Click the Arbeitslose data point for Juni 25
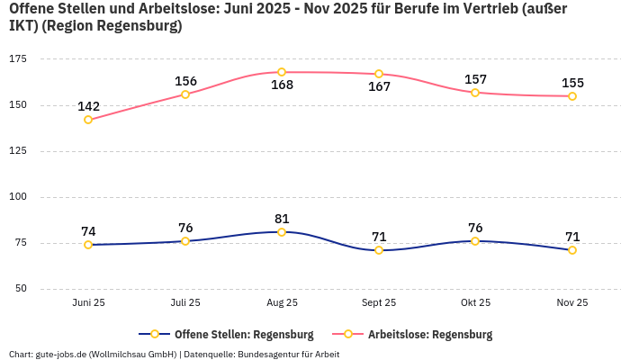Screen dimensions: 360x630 tap(88, 120)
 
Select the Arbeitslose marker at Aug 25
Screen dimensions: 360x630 tap(282, 72)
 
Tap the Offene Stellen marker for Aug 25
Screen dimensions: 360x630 tap(282, 232)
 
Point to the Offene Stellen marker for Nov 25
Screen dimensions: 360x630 tap(572, 250)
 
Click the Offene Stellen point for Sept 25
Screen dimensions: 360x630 tap(379, 250)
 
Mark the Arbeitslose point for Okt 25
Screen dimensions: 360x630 tap(475, 93)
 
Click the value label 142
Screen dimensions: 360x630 tap(88, 106)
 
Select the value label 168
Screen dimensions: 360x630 tap(282, 85)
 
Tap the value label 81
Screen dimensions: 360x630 tap(282, 219)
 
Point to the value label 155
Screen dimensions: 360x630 tap(572, 83)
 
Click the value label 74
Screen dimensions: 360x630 tap(88, 231)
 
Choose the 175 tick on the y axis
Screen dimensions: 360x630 tap(17, 59)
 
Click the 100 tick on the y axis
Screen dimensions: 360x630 tap(17, 197)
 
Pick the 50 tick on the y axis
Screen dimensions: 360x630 tap(20, 289)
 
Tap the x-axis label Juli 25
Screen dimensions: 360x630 tap(185, 303)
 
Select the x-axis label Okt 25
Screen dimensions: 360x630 tap(475, 303)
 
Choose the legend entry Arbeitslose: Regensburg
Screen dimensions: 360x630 tap(429, 335)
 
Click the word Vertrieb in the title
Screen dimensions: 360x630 tap(493, 8)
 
